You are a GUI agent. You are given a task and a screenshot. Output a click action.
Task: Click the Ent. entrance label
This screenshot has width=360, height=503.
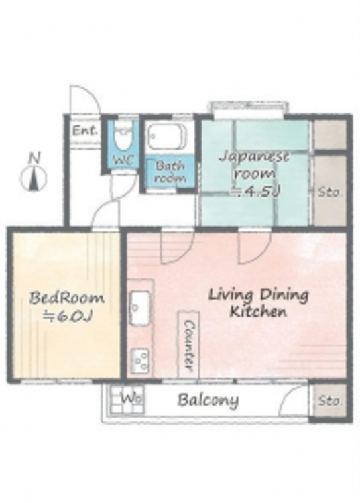click(x=84, y=131)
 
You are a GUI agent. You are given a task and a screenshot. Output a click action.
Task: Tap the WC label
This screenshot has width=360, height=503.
click(x=124, y=160)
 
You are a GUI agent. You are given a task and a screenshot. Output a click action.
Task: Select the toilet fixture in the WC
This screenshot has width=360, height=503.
click(x=123, y=135)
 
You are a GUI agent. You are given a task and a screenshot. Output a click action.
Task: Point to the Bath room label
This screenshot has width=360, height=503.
click(x=170, y=172)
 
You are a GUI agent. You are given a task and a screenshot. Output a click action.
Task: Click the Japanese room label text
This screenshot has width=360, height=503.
click(x=255, y=166)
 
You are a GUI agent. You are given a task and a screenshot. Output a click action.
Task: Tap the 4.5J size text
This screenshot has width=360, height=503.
click(x=256, y=192)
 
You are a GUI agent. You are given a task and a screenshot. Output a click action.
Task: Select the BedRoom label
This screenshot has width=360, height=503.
click(x=66, y=298)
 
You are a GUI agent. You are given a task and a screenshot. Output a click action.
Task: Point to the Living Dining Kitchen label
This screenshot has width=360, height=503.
click(x=258, y=303)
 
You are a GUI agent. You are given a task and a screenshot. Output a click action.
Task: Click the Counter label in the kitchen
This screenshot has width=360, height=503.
click(x=189, y=344)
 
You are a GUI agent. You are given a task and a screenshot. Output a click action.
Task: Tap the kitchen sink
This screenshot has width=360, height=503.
click(x=140, y=309)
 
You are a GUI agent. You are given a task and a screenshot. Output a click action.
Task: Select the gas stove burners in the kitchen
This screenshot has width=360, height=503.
click(x=140, y=360)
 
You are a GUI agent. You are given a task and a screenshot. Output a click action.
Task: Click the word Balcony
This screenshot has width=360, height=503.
click(x=208, y=400)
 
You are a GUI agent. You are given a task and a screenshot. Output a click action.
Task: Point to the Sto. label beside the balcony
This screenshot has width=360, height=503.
click(x=330, y=401)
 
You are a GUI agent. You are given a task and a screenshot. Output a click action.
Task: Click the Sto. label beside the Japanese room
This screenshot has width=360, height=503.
click(x=329, y=192)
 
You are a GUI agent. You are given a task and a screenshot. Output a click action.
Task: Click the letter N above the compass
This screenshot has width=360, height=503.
click(x=34, y=158)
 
